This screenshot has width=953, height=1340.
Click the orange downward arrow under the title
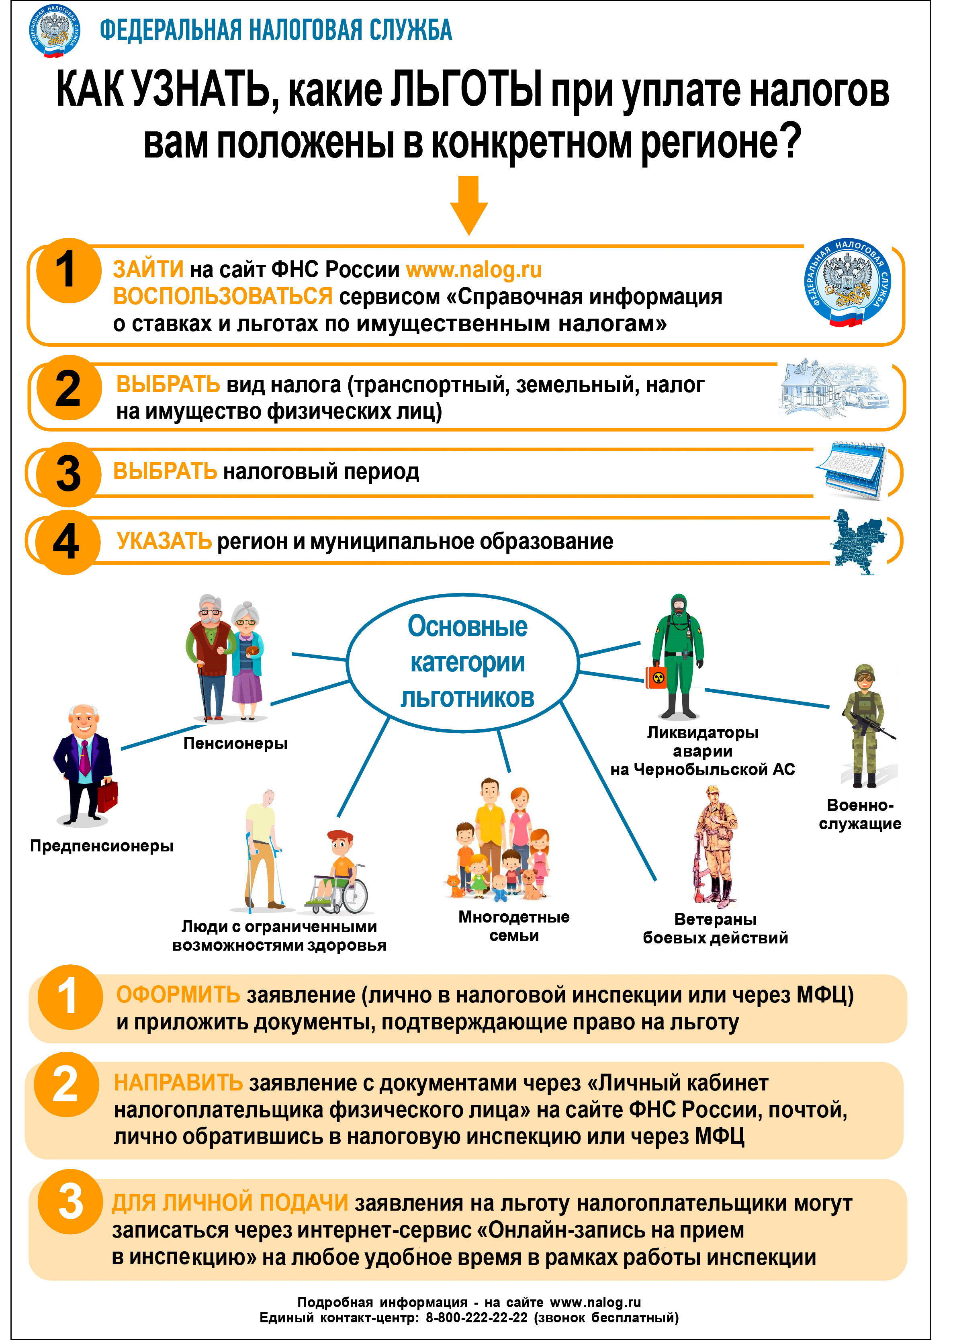[x=469, y=205]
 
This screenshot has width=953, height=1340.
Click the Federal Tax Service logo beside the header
[x=54, y=31]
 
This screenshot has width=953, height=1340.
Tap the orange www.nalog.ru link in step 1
[x=474, y=269]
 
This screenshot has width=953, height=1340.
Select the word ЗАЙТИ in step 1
[x=149, y=269]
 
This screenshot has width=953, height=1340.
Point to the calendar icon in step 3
[x=851, y=471]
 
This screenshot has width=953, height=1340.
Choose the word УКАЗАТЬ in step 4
[x=164, y=541]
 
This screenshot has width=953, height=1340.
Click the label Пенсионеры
[x=235, y=743]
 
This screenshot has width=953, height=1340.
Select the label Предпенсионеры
[x=102, y=845]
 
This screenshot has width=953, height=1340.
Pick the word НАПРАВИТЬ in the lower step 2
[x=178, y=1083]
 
